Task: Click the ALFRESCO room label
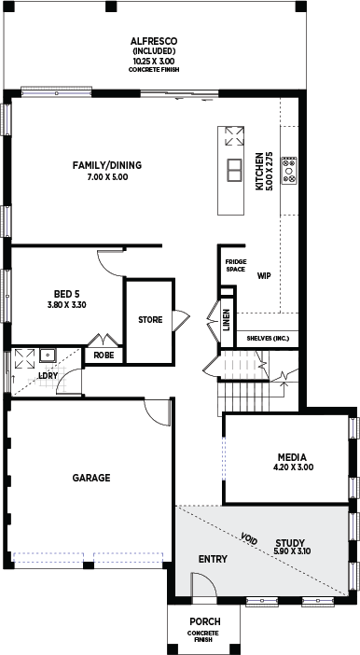click(x=154, y=41)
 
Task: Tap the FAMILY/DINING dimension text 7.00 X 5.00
click(x=107, y=177)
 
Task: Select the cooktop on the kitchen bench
click(x=289, y=171)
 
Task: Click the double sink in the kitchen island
click(x=234, y=170)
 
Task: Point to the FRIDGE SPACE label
click(x=236, y=266)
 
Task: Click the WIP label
click(x=264, y=275)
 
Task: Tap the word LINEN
click(x=227, y=320)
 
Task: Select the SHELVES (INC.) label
click(x=268, y=338)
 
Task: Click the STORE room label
click(x=150, y=320)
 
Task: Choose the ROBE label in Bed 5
click(x=104, y=355)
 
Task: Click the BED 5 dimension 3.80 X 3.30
click(x=67, y=305)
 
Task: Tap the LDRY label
click(x=48, y=375)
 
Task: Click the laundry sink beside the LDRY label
click(x=48, y=355)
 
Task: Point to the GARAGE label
click(x=91, y=478)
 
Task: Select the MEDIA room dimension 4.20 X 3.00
click(x=293, y=467)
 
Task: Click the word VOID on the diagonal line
click(x=249, y=538)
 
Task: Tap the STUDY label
click(x=290, y=543)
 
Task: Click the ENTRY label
click(x=213, y=559)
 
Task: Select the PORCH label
click(x=205, y=622)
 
